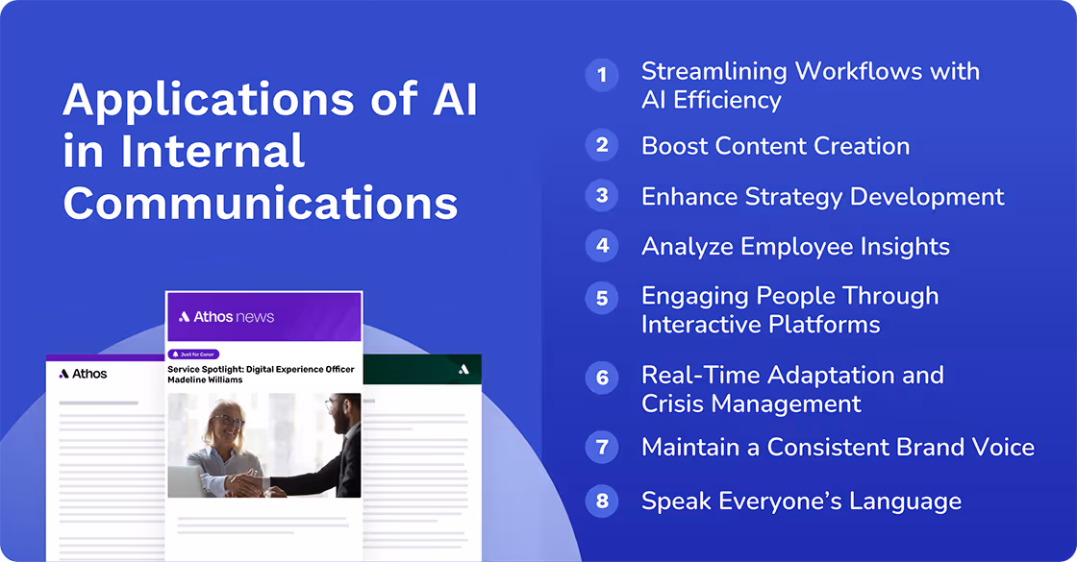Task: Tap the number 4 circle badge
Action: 602,246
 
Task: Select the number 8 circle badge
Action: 602,501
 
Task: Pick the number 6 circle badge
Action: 602,377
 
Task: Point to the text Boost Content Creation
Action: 775,146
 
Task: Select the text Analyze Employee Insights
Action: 795,247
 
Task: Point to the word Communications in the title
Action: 260,203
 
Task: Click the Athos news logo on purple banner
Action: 227,316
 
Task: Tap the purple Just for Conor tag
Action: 194,354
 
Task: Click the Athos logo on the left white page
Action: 83,374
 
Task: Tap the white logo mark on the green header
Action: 463,369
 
